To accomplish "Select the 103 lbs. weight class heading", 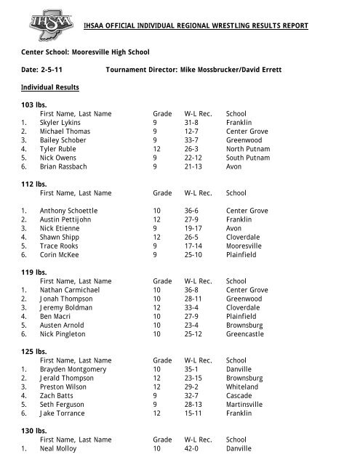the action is tap(34, 105).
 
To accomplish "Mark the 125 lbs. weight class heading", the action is tap(34, 350).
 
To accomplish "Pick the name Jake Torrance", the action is tap(62, 413).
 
